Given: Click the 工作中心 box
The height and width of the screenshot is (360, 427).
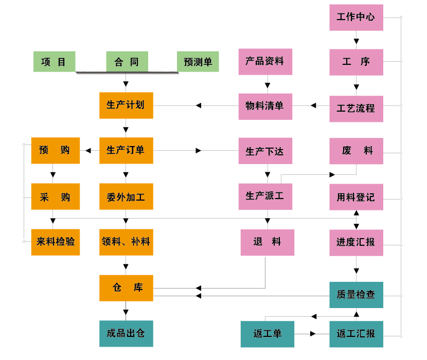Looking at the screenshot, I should pyautogui.click(x=356, y=17).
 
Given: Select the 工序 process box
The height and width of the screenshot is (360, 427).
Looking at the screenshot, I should pyautogui.click(x=356, y=62).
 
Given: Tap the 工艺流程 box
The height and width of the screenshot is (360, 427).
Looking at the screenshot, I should pyautogui.click(x=356, y=109).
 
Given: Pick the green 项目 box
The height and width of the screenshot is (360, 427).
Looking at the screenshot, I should pyautogui.click(x=54, y=62).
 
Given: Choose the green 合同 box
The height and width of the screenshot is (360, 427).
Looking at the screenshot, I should pyautogui.click(x=127, y=62).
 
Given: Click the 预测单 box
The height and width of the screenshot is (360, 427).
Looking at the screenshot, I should pyautogui.click(x=198, y=62).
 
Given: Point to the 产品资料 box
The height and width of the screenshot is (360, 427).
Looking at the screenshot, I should pyautogui.click(x=265, y=62).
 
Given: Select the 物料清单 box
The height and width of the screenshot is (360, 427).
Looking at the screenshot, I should pyautogui.click(x=265, y=106).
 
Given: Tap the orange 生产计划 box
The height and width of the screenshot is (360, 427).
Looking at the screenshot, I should pyautogui.click(x=126, y=105).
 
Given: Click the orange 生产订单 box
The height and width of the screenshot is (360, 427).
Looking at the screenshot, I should pyautogui.click(x=126, y=151).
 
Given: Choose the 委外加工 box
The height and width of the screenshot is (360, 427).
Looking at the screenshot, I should pyautogui.click(x=126, y=196).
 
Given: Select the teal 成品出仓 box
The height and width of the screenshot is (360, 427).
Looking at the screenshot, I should pyautogui.click(x=126, y=333).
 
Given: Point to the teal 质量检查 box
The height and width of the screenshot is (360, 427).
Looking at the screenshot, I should pyautogui.click(x=356, y=295).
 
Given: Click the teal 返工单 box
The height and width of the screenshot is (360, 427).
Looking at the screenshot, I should pyautogui.click(x=268, y=334).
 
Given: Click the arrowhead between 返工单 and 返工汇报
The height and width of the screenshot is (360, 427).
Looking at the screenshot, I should pyautogui.click(x=313, y=334).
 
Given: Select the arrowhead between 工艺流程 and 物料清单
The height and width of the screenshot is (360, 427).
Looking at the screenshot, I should pyautogui.click(x=312, y=106).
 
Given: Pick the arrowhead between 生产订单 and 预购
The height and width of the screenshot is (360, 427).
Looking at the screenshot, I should pyautogui.click(x=88, y=151).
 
